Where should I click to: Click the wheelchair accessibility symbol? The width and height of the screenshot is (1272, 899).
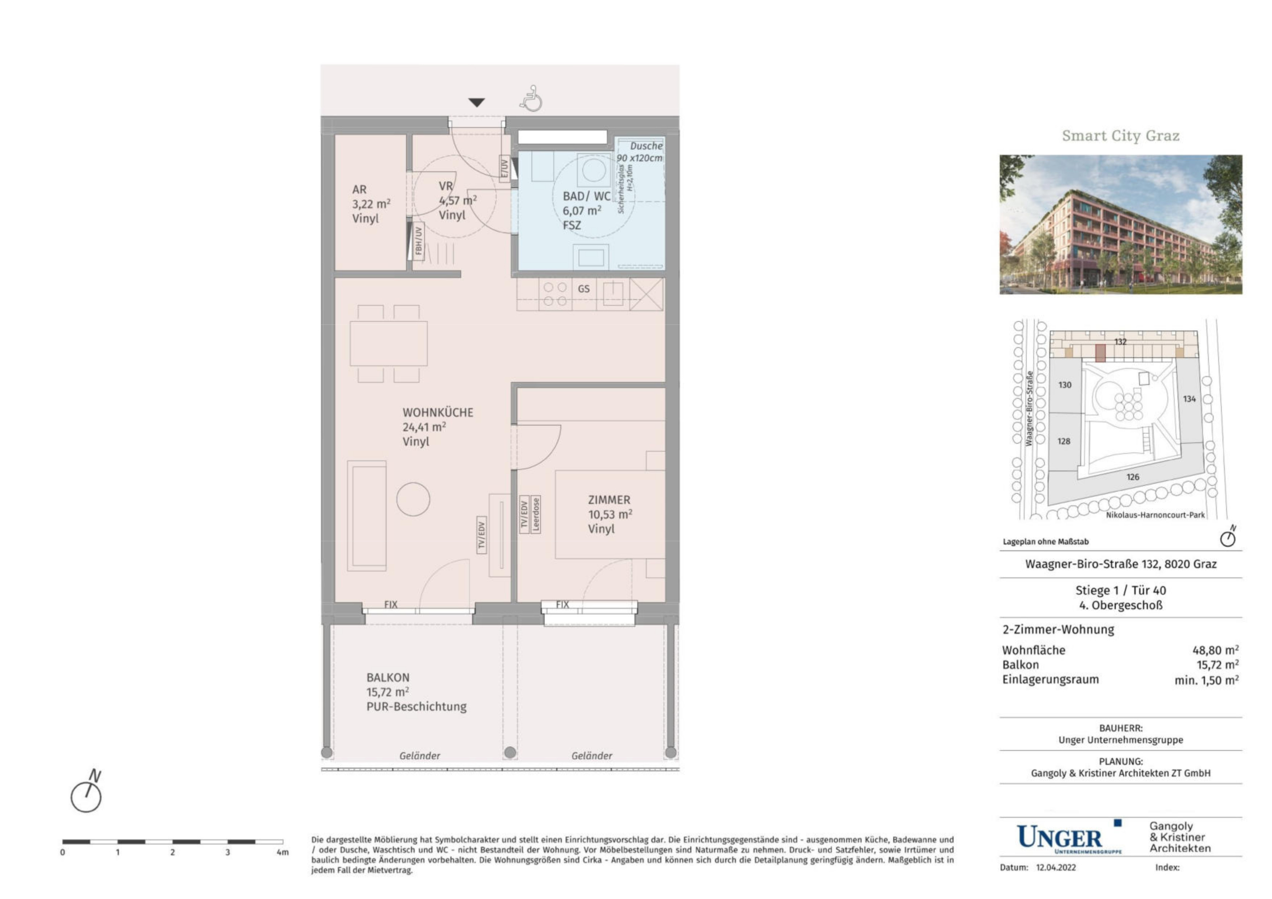click(x=531, y=98)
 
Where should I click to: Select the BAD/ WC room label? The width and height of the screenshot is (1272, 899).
click(x=587, y=196)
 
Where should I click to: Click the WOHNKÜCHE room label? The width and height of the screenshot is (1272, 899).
click(x=438, y=413)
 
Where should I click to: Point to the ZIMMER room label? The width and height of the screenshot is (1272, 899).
click(x=609, y=500)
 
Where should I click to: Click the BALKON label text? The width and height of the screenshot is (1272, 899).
click(x=388, y=677)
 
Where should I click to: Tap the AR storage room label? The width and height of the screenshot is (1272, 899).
click(x=359, y=189)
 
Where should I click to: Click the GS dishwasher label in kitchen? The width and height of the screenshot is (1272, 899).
click(x=583, y=289)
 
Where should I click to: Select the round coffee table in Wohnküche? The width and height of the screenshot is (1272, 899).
click(x=413, y=499)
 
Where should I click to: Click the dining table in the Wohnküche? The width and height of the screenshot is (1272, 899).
click(x=389, y=343)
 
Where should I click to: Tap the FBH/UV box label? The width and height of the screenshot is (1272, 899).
click(x=418, y=241)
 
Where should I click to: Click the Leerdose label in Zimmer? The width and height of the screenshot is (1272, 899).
click(x=535, y=515)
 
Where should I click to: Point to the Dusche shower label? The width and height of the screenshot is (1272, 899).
click(x=646, y=146)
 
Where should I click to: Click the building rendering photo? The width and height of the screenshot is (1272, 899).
click(x=1121, y=224)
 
